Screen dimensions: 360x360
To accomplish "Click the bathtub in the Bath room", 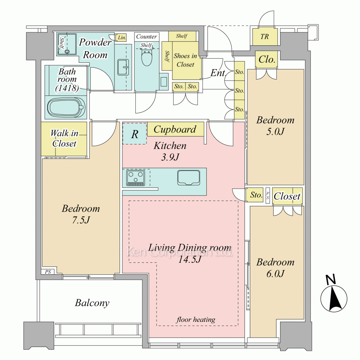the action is coord(66,107).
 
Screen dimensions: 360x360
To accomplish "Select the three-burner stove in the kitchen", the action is coord(136,178).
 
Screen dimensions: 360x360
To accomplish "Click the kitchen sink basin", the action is coord(189,177).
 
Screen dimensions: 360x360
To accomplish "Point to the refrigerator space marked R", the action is coord(135,134).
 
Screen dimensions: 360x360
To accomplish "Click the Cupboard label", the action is coord(175,129).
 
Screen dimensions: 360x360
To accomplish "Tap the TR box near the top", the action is coord(265,36).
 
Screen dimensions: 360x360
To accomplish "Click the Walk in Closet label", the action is coord(64,138).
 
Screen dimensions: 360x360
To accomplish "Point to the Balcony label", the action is coord(92,303).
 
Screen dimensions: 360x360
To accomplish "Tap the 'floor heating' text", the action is coord(195,319).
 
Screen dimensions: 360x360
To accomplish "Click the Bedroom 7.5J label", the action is coord(81,214).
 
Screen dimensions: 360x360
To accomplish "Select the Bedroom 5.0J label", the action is coord(275,126).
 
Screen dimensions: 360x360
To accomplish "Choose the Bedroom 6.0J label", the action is coord(275,268).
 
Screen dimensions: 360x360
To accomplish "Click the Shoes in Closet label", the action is coord(185,60).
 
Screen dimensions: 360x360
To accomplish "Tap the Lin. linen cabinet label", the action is coord(122,38).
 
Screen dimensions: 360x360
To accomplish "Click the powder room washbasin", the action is coord(123,67).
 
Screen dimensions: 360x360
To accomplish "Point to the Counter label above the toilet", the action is coord(147,36).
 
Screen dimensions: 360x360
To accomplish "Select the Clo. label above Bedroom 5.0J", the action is coord(267,59).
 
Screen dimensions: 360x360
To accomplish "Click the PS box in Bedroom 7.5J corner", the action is coord(48,272).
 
